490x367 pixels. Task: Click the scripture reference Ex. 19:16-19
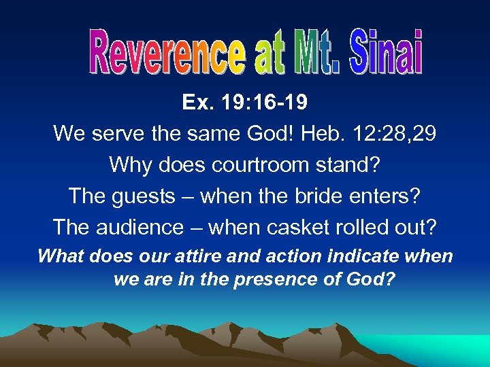click(244, 103)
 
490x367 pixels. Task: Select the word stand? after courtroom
click(348, 165)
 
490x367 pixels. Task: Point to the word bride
click(329, 196)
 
